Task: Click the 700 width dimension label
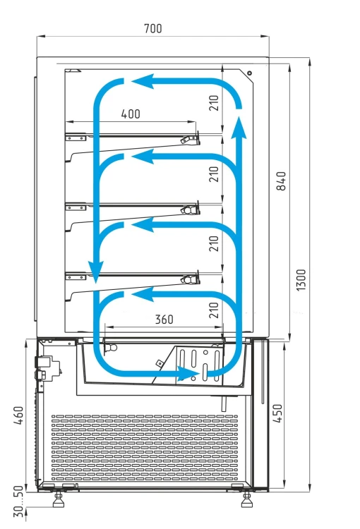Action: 153,28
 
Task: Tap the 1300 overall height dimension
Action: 301,280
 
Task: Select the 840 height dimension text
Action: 281,181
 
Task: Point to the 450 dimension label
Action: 277,413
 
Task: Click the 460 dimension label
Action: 18,415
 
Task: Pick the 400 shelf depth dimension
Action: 131,114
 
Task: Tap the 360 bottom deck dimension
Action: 164,319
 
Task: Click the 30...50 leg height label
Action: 19,501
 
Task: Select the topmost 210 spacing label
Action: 214,103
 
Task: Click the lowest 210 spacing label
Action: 214,310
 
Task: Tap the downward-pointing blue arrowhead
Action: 96,272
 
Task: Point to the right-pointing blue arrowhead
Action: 188,374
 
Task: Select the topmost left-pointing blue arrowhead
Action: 143,81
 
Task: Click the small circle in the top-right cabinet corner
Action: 249,73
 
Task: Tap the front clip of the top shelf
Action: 190,139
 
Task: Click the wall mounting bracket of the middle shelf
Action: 76,207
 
